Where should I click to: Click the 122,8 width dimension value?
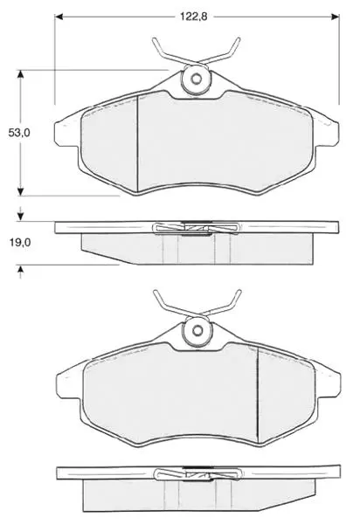(194, 16)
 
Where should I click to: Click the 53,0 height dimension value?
(19, 133)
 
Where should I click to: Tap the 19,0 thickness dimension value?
(20, 243)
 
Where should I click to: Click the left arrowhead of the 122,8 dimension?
(59, 17)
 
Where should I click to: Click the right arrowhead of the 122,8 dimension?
(335, 17)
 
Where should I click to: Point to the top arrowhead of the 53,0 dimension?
(21, 74)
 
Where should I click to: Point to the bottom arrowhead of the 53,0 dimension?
(21, 191)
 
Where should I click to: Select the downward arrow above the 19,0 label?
(21, 214)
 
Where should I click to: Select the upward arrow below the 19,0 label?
(21, 272)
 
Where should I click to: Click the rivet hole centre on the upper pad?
(197, 79)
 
